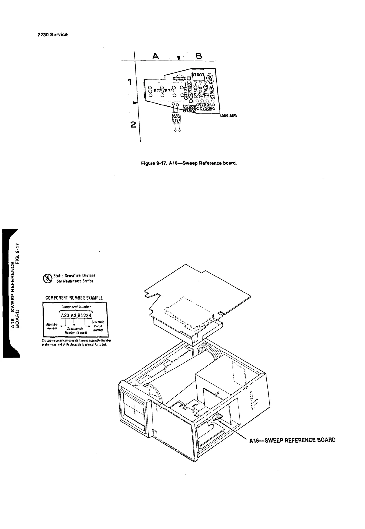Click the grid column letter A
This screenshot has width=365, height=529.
pos(156,56)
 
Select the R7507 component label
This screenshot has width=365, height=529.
pos(198,74)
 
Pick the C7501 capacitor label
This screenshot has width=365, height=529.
pos(205,108)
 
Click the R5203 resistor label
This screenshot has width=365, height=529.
pos(174,117)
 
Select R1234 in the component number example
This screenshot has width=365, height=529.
pos(84,315)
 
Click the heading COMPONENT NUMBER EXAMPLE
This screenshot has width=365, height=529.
pos(74,298)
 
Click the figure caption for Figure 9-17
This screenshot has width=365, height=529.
pos(189,163)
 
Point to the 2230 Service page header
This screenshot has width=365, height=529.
pos(53,34)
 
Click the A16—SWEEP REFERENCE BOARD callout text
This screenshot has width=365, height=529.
pos(293,440)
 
